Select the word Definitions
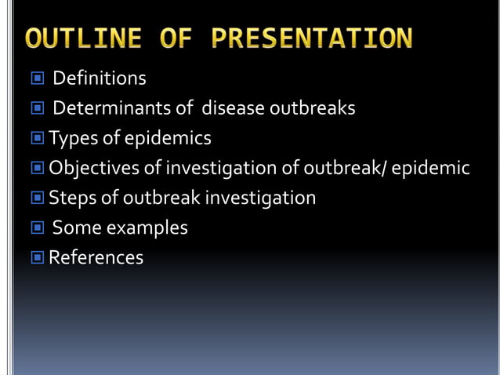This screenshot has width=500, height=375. point(100,78)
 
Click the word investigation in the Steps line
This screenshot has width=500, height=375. point(261,198)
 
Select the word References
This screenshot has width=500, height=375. point(96,257)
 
